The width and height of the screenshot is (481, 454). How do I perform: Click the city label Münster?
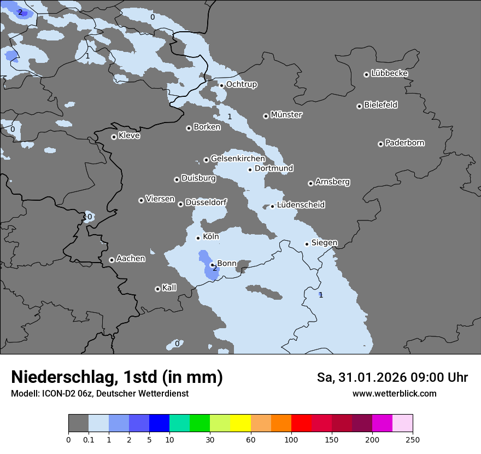click(x=286, y=115)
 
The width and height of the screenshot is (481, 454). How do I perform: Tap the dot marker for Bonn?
click(x=212, y=265)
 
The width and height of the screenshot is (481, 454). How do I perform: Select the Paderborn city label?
click(x=404, y=143)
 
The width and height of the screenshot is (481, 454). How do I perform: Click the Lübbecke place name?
click(x=389, y=73)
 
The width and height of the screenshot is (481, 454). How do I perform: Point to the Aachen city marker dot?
click(x=112, y=260)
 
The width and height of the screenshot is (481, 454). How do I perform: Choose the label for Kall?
click(x=169, y=288)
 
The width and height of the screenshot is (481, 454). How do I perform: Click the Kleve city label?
click(x=129, y=136)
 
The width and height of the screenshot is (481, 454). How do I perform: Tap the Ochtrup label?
click(x=241, y=84)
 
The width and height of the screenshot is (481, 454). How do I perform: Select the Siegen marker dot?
click(x=307, y=244)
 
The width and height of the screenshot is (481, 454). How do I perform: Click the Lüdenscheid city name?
click(x=301, y=205)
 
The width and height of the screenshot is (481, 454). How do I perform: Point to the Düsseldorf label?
click(x=206, y=202)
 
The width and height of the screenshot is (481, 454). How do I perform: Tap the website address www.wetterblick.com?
click(x=394, y=393)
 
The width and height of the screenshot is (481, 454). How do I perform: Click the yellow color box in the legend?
click(x=241, y=423)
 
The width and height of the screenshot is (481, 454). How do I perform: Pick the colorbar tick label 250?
click(x=413, y=439)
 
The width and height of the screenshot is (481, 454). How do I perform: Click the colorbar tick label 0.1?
click(x=89, y=439)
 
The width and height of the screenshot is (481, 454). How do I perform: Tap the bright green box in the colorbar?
click(x=200, y=423)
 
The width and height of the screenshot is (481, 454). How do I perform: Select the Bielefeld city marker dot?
click(x=359, y=106)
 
